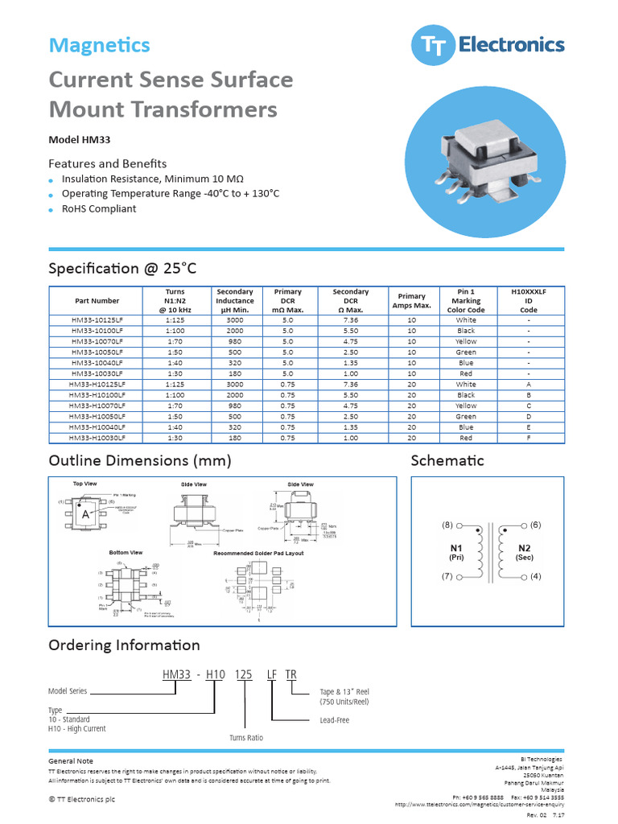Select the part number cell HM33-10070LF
click(x=97, y=341)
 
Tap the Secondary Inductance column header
click(x=235, y=301)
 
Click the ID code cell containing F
click(x=529, y=438)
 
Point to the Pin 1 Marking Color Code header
click(x=466, y=301)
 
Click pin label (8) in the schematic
click(x=447, y=525)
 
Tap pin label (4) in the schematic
click(x=536, y=576)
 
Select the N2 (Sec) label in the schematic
click(x=524, y=552)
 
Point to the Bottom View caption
click(x=126, y=553)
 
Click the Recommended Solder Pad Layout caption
click(x=258, y=553)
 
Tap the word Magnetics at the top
click(x=99, y=45)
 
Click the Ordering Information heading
click(x=124, y=645)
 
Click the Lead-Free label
click(x=335, y=720)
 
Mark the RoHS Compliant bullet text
click(x=99, y=208)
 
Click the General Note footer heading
click(x=71, y=760)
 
